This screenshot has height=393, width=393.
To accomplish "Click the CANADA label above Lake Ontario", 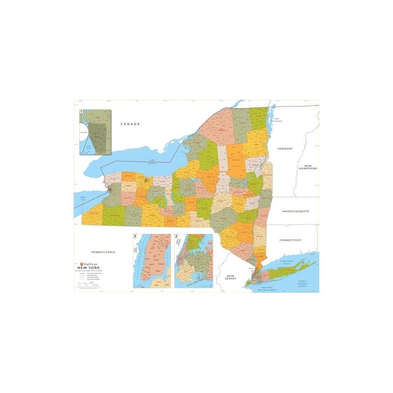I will coord(131,124).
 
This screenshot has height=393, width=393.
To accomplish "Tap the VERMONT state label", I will coord(285,148).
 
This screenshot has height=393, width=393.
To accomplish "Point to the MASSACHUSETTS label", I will coord(295,211).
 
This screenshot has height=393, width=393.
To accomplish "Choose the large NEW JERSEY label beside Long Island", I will coord(228,277).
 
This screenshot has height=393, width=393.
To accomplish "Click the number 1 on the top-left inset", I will coord(82,112).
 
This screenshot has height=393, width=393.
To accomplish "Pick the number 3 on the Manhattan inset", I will coord(135,237).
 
